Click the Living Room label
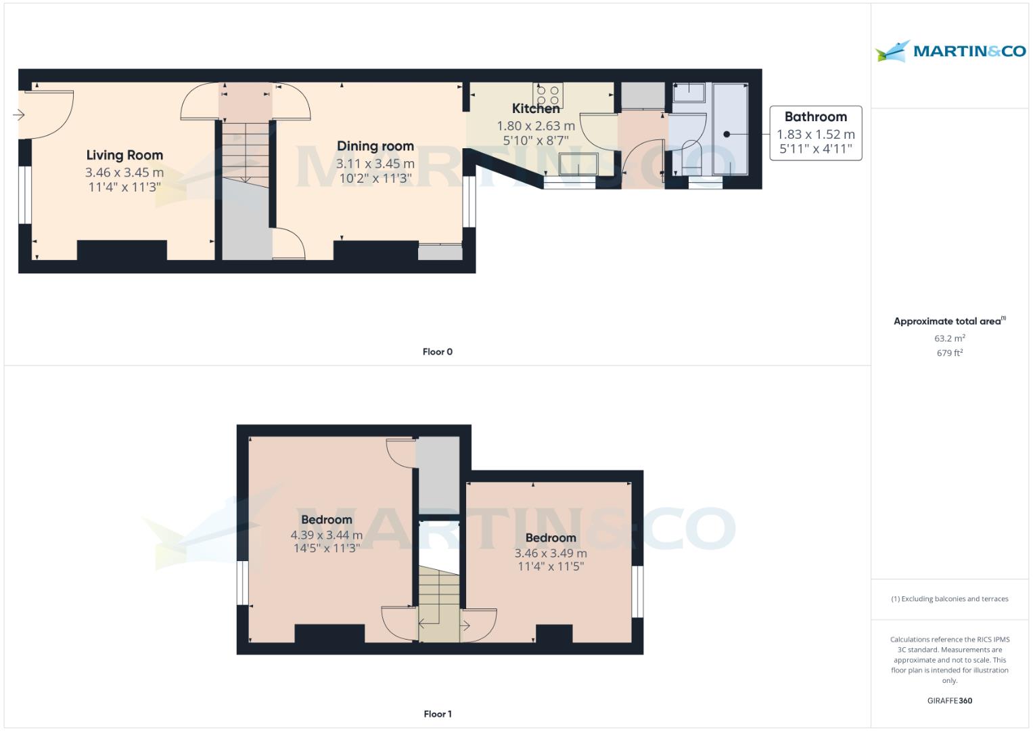tap(124, 155)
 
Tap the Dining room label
tap(375, 146)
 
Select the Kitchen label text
tap(536, 108)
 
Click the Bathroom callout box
tap(815, 133)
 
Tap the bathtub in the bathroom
tap(730, 129)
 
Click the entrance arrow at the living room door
tap(18, 115)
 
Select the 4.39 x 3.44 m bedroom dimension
tap(326, 535)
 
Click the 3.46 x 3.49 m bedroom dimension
tap(551, 553)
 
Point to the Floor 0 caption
tap(437, 352)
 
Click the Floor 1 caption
tap(437, 714)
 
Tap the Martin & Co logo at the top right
tap(950, 51)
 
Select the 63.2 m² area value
tap(949, 338)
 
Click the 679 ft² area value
tap(949, 353)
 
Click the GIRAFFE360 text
tap(949, 701)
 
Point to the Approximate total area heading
tap(949, 322)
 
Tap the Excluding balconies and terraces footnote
tap(949, 599)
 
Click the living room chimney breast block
tap(122, 250)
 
